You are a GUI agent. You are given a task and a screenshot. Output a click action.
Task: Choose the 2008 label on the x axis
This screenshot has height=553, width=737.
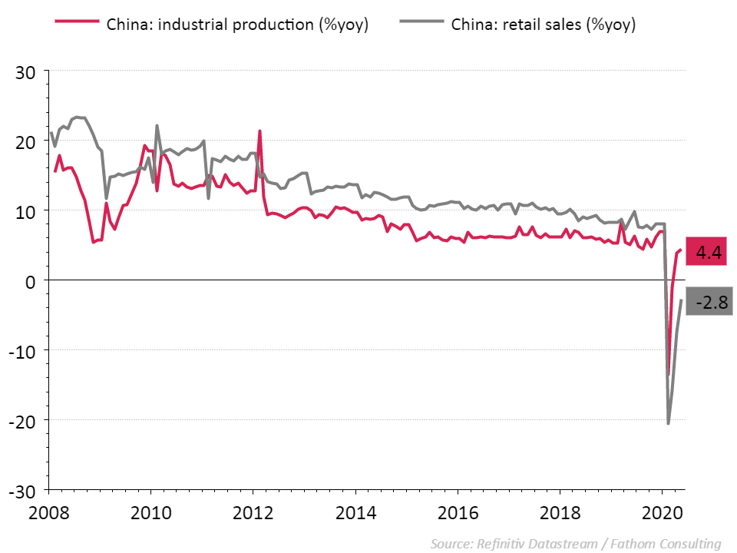click(x=50, y=512)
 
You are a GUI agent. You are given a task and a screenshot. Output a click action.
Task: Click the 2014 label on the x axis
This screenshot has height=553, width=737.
click(x=356, y=512)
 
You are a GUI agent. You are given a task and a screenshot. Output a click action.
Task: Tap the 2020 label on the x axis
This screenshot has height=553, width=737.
click(x=662, y=512)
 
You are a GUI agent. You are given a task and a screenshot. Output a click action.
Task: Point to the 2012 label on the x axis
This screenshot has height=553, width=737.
click(x=254, y=512)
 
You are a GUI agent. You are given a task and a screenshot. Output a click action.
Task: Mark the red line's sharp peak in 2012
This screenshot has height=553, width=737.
click(x=260, y=131)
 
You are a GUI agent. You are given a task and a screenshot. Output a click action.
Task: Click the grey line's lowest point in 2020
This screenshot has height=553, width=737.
click(x=668, y=423)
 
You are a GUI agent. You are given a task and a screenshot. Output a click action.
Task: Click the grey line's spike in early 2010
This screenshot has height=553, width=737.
click(x=157, y=126)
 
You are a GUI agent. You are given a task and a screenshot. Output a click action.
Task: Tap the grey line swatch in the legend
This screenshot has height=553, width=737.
click(x=421, y=24)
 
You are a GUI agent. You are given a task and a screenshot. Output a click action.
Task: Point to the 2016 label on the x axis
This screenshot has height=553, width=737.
click(x=458, y=512)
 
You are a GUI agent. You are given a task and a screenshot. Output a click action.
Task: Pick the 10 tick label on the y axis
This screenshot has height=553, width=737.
click(x=28, y=211)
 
